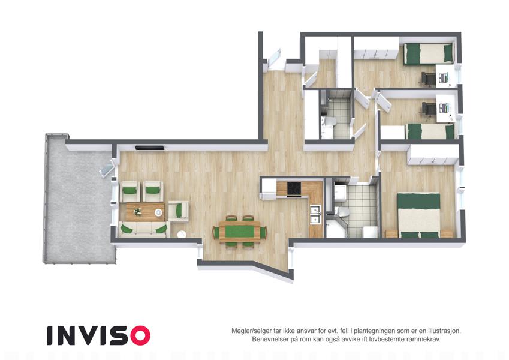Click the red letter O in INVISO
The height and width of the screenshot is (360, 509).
140,335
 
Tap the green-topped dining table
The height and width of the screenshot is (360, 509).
240,232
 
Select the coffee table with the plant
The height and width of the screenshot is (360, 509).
144,212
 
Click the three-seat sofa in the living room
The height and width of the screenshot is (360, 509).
144,229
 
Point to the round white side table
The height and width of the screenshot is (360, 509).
182,234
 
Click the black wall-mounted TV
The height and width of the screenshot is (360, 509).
150,148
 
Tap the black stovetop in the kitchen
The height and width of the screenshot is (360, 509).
294,188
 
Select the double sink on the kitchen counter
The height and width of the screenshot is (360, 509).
315,214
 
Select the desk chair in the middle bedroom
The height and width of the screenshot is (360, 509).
429,109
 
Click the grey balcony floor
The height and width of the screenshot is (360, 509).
78,202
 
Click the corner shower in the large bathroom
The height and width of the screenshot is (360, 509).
336,229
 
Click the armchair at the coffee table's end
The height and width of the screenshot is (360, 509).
178,211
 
